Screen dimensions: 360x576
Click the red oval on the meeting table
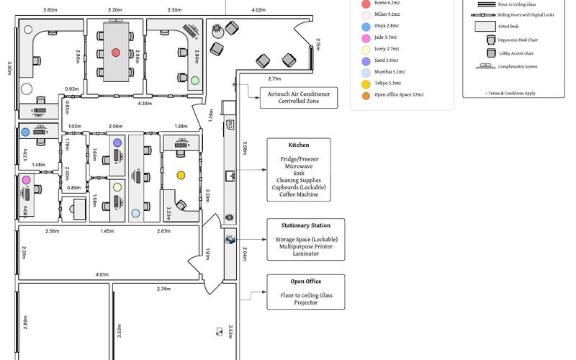tap(116, 53)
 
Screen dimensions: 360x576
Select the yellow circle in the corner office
tap(181, 174)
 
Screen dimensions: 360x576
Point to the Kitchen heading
tap(298, 145)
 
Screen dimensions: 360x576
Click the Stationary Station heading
tap(306, 225)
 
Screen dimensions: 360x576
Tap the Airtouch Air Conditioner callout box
tap(298, 97)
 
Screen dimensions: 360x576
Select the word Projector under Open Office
tap(306, 302)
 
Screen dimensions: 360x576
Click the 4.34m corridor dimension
tap(145, 104)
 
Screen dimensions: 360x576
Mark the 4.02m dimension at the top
tap(258, 10)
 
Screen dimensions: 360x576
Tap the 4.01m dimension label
tap(102, 274)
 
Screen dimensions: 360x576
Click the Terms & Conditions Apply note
tap(511, 93)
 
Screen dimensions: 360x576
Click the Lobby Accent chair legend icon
tap(490, 53)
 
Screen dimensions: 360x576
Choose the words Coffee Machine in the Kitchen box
tap(298, 194)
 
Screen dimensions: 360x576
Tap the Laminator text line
tap(306, 253)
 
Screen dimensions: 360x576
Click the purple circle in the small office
tap(117, 143)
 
